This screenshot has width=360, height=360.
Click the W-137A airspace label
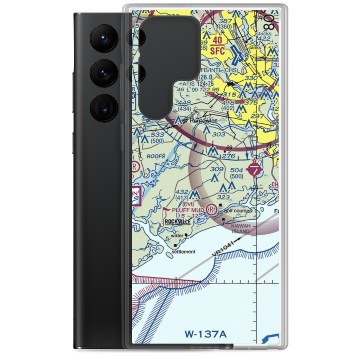tap(206, 334)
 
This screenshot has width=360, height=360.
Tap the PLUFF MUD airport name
tap(188, 210)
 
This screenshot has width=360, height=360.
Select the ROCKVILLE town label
tap(177, 222)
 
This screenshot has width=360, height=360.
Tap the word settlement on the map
tap(183, 252)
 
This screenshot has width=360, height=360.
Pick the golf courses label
tap(238, 211)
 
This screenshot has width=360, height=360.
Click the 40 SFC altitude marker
tap(217, 46)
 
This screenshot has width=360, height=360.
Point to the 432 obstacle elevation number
tap(182, 192)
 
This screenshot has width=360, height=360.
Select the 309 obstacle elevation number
tap(217, 169)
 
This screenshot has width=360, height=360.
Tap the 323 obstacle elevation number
tap(223, 197)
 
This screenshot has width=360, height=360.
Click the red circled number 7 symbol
tap(255, 170)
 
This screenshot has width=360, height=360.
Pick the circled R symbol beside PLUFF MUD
tap(212, 208)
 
